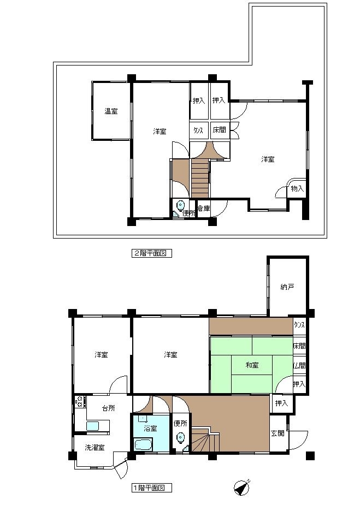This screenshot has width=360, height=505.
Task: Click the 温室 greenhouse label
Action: [111, 111]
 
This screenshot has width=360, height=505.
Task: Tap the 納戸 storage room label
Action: [287, 287]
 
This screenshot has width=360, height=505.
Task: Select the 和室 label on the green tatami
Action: [252, 365]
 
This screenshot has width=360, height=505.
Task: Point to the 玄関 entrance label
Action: [278, 433]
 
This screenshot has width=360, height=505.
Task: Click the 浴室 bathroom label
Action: [151, 429]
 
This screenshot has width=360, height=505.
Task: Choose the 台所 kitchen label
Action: [108, 408]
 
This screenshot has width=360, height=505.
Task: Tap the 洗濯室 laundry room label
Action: [95, 447]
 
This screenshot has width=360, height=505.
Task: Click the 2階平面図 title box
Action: [151, 253]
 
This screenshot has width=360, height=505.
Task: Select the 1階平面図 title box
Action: [151, 488]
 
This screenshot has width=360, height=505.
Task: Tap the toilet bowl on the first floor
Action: [181, 438]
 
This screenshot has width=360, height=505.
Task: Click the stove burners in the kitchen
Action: [79, 402]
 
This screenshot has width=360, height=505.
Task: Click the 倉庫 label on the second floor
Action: [204, 209]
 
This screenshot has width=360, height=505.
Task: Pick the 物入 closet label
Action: [297, 188]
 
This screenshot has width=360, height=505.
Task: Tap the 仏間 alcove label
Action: [299, 366]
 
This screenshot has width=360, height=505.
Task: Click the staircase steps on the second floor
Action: [200, 178]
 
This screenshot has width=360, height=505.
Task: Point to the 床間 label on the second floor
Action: [219, 130]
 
